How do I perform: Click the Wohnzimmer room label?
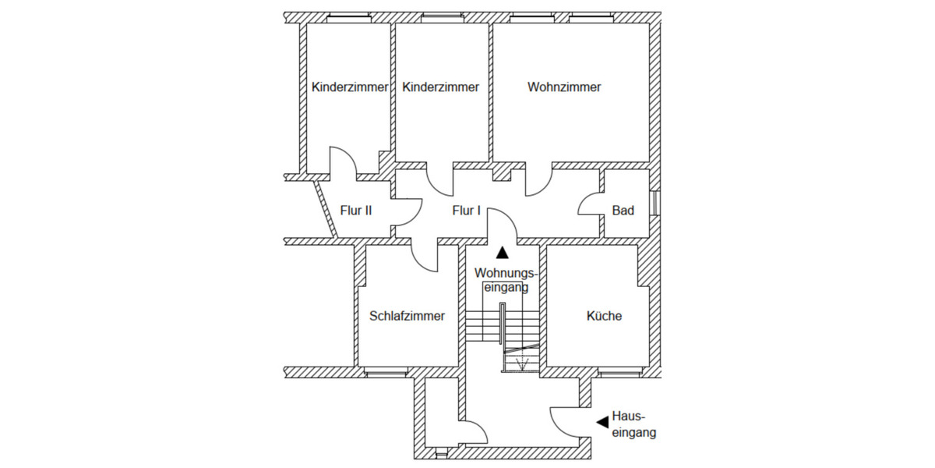[564, 87]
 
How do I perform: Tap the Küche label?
[604, 316]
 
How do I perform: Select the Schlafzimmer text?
[407, 316]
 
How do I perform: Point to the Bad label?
[623, 211]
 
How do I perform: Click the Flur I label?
[467, 211]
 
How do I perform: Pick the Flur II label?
[356, 211]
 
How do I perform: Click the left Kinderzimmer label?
[349, 87]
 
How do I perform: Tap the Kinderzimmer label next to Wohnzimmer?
[441, 87]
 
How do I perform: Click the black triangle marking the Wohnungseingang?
[503, 252]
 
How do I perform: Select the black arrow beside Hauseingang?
[602, 422]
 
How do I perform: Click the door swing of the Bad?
[589, 204]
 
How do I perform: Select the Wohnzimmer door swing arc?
[538, 184]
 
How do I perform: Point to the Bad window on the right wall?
[655, 202]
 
